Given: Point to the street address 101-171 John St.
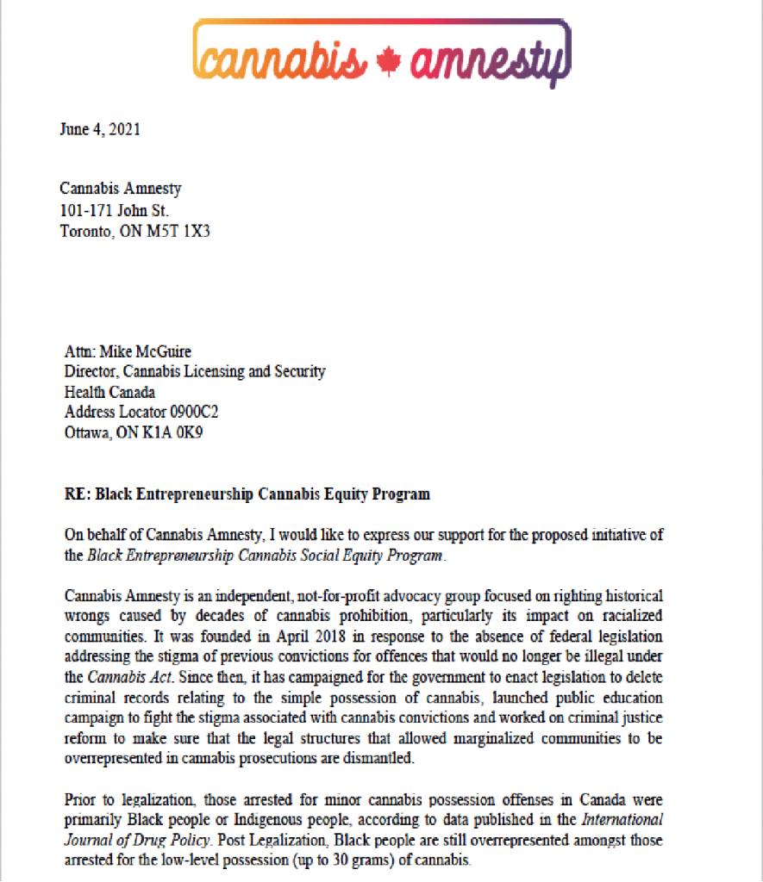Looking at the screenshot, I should point(115,210).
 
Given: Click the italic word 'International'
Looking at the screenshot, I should point(621,819).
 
